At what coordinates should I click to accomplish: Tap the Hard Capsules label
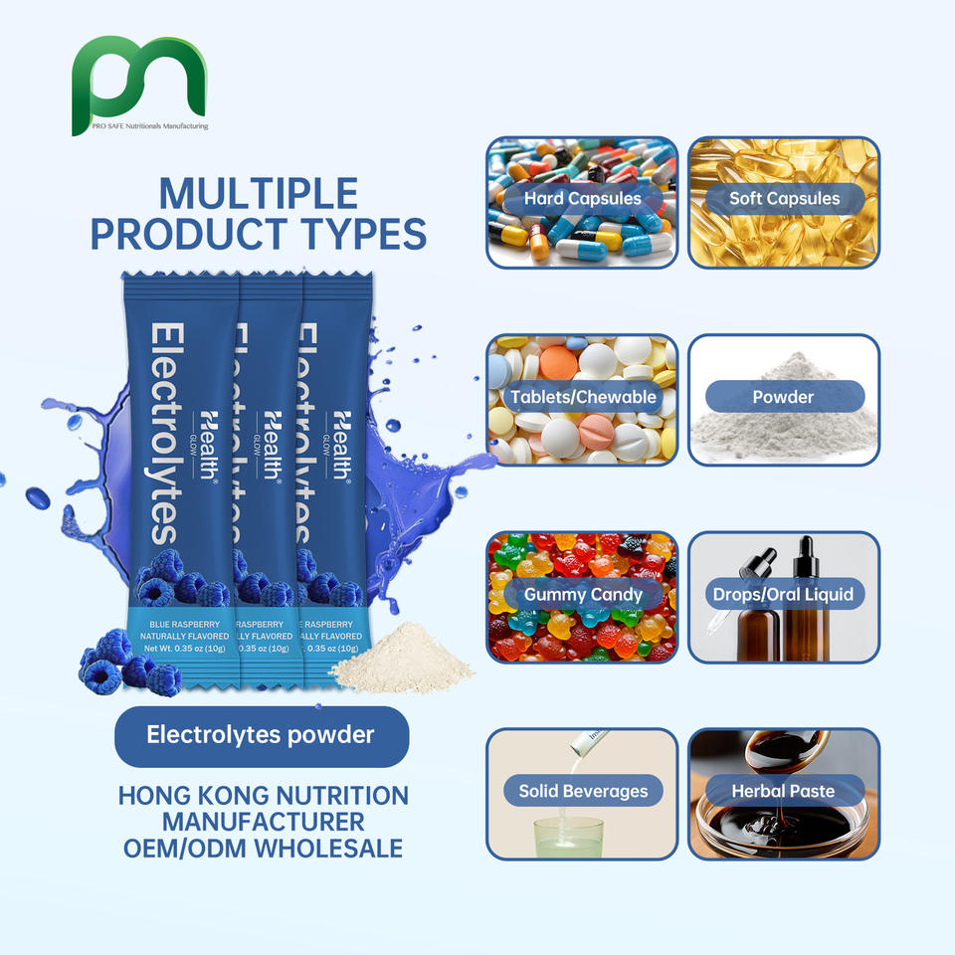tap(582, 198)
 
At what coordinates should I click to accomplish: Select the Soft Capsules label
tap(784, 198)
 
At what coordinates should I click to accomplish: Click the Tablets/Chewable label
tap(583, 397)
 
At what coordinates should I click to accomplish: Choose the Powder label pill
tap(783, 397)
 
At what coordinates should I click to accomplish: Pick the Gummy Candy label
tap(583, 595)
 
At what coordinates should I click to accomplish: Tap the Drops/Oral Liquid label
tap(783, 595)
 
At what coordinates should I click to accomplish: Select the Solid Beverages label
tap(583, 792)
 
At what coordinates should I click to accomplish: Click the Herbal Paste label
tap(783, 792)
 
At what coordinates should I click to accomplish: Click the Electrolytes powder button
tap(261, 736)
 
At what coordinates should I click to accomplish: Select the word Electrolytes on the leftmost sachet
tap(163, 432)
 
